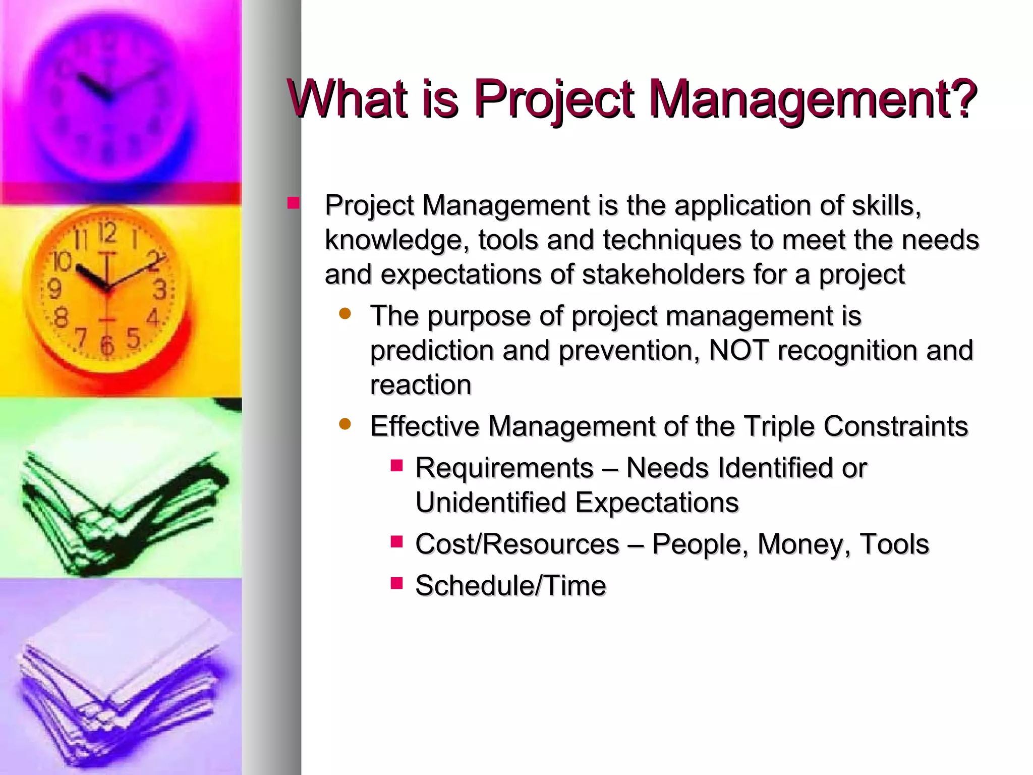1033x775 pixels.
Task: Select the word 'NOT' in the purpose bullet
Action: (738, 350)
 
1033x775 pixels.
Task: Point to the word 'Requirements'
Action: (504, 468)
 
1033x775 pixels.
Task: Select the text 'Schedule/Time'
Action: (510, 586)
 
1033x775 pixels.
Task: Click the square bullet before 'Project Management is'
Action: (294, 203)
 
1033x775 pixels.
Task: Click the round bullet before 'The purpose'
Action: (345, 314)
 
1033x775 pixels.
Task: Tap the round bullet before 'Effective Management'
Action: (345, 424)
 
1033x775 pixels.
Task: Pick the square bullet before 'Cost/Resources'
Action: (396, 542)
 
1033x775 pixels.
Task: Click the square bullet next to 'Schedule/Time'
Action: (396, 584)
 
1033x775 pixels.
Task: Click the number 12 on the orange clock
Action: (107, 233)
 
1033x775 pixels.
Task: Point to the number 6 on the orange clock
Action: (107, 346)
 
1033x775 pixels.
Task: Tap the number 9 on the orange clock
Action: (54, 290)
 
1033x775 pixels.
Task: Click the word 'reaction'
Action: (421, 385)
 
